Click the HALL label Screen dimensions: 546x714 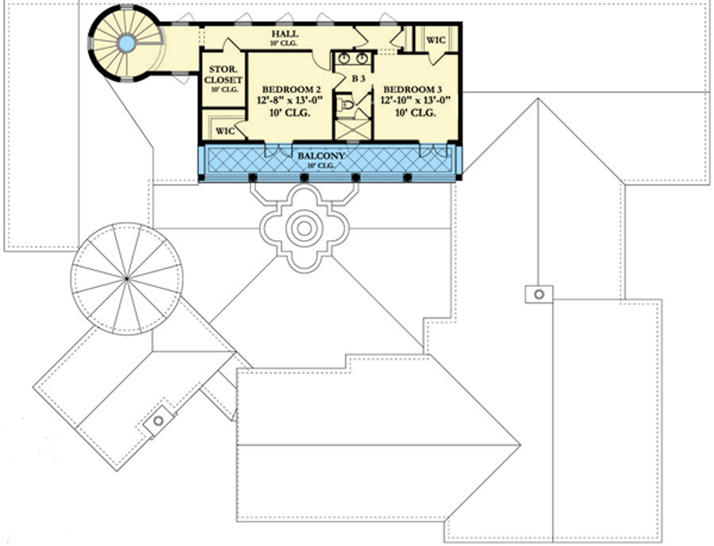point(284,35)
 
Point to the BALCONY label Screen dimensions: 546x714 point(321,157)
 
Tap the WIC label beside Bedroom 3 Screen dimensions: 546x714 point(436,39)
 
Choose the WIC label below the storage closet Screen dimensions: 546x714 point(225,131)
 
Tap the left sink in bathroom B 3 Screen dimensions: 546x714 point(344,58)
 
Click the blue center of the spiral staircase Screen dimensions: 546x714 point(126,44)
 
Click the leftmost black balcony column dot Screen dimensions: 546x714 point(252,178)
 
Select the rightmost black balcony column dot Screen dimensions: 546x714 point(408,178)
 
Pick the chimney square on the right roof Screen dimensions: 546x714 point(538,294)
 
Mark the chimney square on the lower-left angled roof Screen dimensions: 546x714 point(159,420)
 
